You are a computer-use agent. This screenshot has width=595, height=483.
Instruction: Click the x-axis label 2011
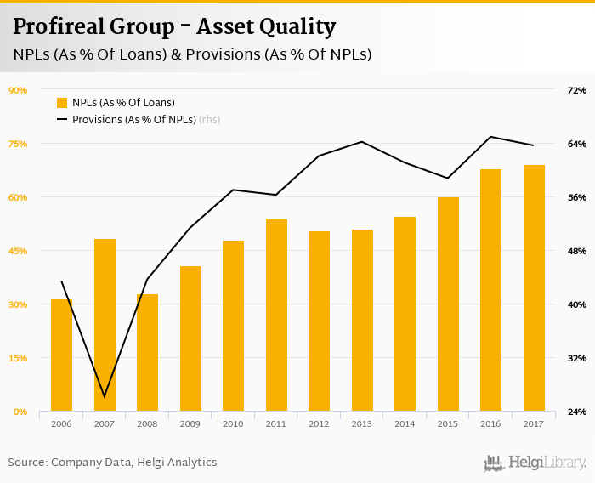tap(276, 423)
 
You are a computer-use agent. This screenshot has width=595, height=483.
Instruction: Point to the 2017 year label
tap(533, 423)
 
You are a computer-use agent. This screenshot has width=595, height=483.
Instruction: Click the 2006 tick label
tap(61, 423)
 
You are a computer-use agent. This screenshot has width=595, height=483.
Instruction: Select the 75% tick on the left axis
tap(18, 144)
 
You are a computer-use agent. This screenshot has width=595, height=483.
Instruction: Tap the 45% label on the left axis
tap(18, 251)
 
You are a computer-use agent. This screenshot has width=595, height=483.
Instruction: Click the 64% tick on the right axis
tap(576, 144)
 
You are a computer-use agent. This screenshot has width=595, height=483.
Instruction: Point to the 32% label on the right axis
tap(576, 358)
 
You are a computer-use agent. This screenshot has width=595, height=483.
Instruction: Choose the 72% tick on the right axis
tap(576, 90)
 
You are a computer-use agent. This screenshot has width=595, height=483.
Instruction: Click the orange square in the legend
tap(62, 103)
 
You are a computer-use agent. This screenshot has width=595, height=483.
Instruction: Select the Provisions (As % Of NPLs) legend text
tap(134, 120)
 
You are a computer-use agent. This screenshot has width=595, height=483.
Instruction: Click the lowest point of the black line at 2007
tap(105, 396)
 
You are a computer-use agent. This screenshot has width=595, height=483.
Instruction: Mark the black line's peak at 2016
tap(490, 137)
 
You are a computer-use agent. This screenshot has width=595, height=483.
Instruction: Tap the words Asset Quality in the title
tap(266, 27)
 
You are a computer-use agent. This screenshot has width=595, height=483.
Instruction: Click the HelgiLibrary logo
tap(535, 463)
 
